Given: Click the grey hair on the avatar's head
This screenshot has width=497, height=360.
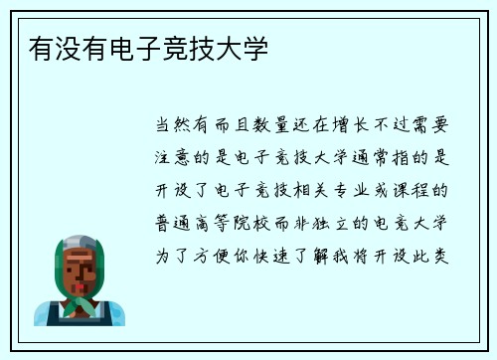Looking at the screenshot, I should pyautogui.click(x=80, y=241).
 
